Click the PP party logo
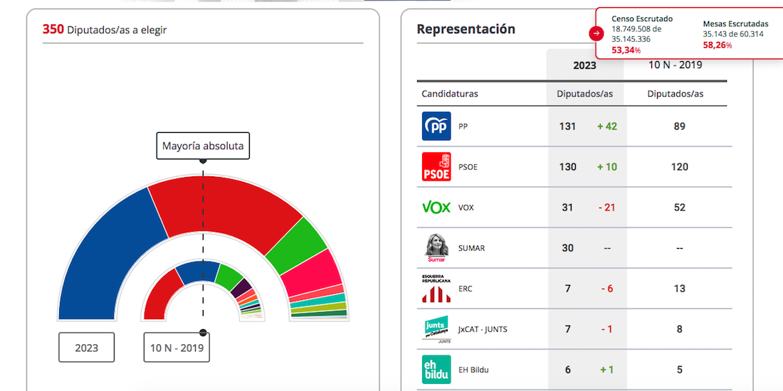(x=436, y=126)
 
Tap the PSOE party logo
(x=436, y=167)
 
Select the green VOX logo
(x=436, y=208)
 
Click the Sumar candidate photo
(x=436, y=247)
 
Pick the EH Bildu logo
(x=436, y=370)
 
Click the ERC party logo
(x=436, y=288)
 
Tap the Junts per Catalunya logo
(x=436, y=329)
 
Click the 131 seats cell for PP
(x=567, y=127)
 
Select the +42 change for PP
(x=607, y=127)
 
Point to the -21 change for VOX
(x=606, y=208)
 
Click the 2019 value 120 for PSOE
(x=679, y=167)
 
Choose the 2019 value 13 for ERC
(x=679, y=289)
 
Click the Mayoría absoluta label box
(x=203, y=146)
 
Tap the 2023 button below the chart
(x=86, y=348)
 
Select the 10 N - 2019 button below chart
(x=177, y=348)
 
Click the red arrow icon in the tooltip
(x=596, y=33)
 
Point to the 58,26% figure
(x=717, y=45)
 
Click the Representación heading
(x=466, y=29)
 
